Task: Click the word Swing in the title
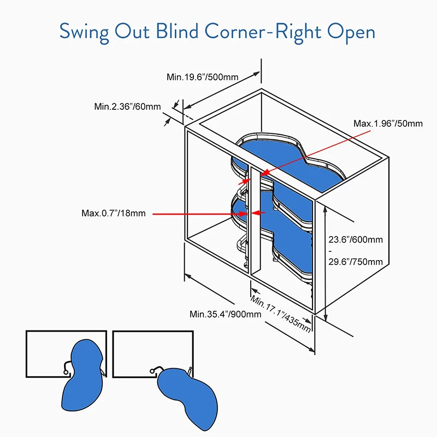coord(90,31)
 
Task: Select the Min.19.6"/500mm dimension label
coord(202,77)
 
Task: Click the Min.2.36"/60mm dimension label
coord(127,107)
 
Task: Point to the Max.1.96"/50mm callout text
coord(388,123)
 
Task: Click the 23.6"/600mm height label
coord(355,239)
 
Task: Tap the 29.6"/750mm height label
coord(355,261)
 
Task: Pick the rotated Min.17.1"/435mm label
coord(281,314)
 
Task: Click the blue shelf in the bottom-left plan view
coord(82,377)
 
